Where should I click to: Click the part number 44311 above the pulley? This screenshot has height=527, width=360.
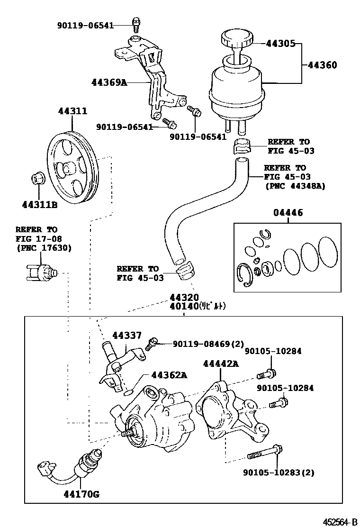coord(72,111)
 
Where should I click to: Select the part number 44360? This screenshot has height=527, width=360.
coord(323,65)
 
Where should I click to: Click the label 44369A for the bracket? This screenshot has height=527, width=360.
coord(109,82)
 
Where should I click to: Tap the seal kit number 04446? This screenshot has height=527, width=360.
coord(288,213)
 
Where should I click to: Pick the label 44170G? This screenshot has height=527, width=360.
coord(81,494)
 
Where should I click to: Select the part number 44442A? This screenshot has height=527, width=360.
coord(221,363)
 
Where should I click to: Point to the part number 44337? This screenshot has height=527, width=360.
coord(126,336)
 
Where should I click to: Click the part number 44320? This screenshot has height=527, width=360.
coord(185,297)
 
